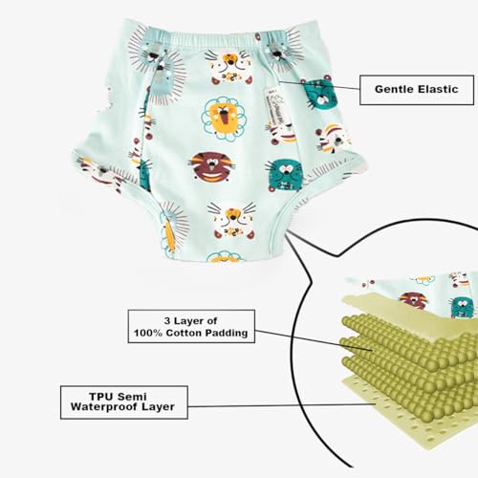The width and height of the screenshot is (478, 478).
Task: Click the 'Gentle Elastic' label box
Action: point(417,90)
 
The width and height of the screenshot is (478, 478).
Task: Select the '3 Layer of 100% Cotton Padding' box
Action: point(191,326)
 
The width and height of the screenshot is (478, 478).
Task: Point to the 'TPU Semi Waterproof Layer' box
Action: point(124,402)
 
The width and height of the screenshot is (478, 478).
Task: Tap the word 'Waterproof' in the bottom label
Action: point(104,407)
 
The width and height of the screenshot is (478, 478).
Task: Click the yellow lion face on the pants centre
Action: point(225,119)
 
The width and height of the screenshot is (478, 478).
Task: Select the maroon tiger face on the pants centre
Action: point(212,166)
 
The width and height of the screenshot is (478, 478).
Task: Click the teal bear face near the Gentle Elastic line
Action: point(319,93)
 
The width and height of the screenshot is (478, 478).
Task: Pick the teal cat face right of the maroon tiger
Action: point(285,175)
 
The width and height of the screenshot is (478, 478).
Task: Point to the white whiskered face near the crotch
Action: point(232,221)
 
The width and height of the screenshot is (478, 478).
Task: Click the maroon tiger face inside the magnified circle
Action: point(414,300)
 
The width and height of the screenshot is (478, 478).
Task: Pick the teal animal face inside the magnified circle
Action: point(462,307)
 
